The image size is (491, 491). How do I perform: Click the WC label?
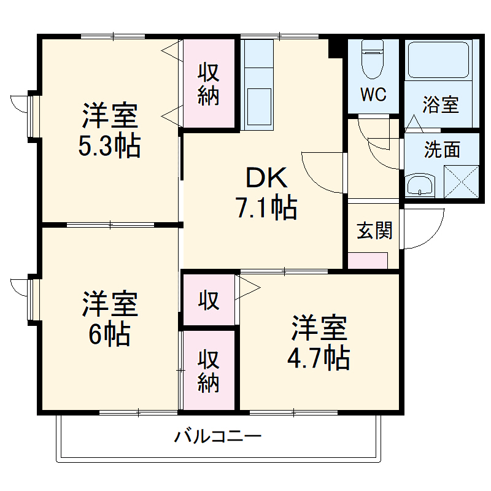(373, 95)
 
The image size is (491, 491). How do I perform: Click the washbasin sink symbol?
(420, 184)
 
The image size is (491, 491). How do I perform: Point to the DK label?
(266, 179)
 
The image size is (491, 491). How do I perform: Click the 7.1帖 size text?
(266, 209)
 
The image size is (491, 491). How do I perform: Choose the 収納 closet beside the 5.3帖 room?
(209, 84)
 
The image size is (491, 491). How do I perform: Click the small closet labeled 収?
(209, 300)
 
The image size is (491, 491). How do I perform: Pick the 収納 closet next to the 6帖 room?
(209, 370)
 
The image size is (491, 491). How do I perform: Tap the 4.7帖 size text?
(319, 358)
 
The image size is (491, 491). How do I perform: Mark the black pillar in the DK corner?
(336, 47)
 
